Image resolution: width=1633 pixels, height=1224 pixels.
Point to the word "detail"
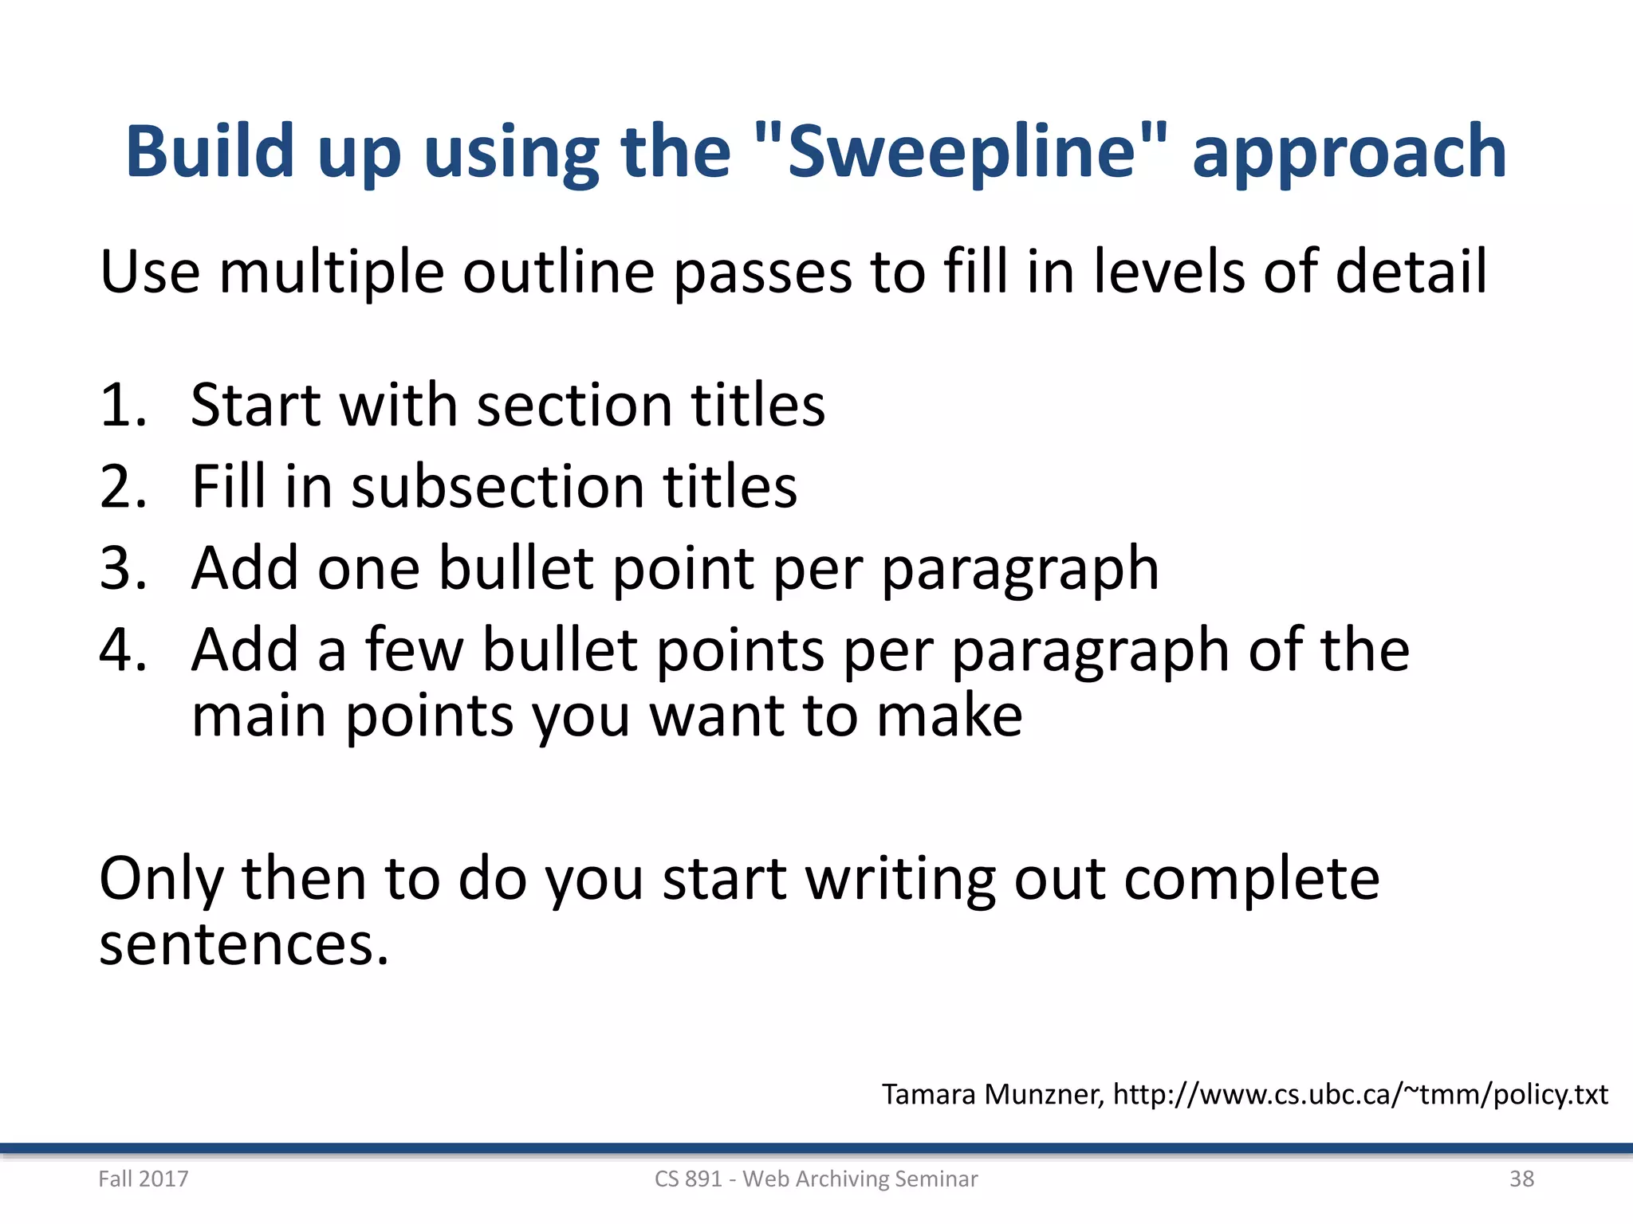tap(1411, 271)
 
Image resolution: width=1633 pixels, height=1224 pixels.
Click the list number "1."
tap(124, 405)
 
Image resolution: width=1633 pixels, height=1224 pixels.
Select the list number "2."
tap(124, 486)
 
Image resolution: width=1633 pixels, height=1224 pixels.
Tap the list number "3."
tap(124, 568)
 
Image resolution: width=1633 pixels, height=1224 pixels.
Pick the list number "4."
tap(124, 649)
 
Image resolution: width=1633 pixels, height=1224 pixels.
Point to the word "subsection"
tap(498, 486)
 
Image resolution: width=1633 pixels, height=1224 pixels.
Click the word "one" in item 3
tap(368, 568)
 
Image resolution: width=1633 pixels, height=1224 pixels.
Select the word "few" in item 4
tap(414, 649)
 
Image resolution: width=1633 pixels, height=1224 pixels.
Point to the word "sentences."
tap(244, 944)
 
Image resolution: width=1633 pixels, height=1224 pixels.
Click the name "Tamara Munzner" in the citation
tap(993, 1095)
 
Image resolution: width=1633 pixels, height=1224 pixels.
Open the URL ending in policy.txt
tap(1360, 1095)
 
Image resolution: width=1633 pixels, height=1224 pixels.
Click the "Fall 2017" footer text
tap(144, 1179)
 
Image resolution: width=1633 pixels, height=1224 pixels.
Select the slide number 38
tap(1521, 1179)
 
